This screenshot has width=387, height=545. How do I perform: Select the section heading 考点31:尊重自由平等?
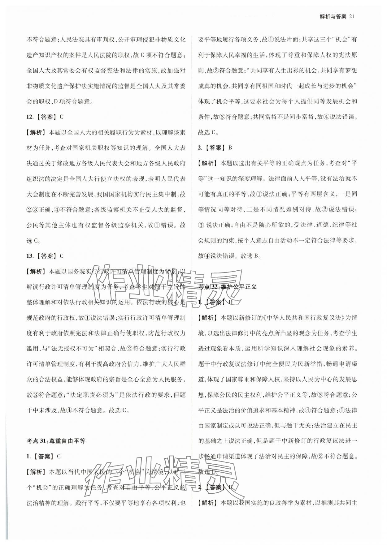pyautogui.click(x=56, y=441)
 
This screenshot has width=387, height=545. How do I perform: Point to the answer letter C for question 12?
pyautogui.click(x=61, y=117)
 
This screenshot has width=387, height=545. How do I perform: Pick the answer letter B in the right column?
pyautogui.click(x=230, y=148)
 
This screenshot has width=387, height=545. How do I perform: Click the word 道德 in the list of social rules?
pyautogui.click(x=323, y=225)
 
